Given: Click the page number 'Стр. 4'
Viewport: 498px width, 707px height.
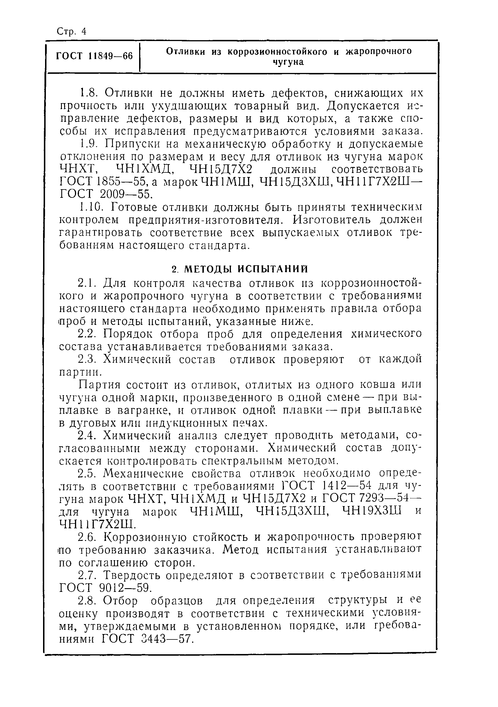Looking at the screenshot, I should click(x=72, y=31).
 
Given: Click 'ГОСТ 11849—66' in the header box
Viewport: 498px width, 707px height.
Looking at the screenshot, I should click(x=94, y=56).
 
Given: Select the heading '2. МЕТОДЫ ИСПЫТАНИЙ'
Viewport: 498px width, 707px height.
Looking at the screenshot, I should click(x=239, y=269).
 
